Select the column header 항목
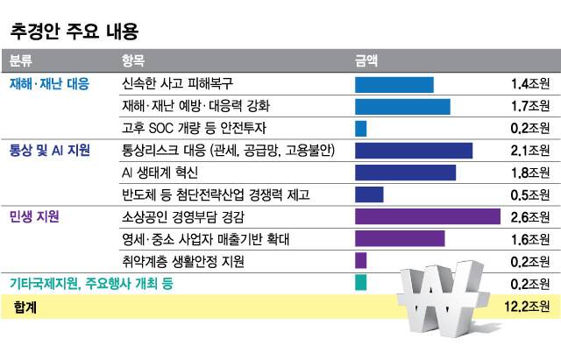(133, 61)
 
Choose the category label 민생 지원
(34, 215)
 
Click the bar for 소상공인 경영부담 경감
(427, 216)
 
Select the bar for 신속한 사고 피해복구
(394, 84)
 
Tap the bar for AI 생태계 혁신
(405, 173)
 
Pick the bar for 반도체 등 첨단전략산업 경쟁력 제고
(369, 194)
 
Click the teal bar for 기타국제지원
(360, 282)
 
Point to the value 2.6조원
(529, 216)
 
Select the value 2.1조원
(529, 151)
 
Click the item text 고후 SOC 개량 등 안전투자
(188, 129)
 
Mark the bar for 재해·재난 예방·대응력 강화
(402, 107)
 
